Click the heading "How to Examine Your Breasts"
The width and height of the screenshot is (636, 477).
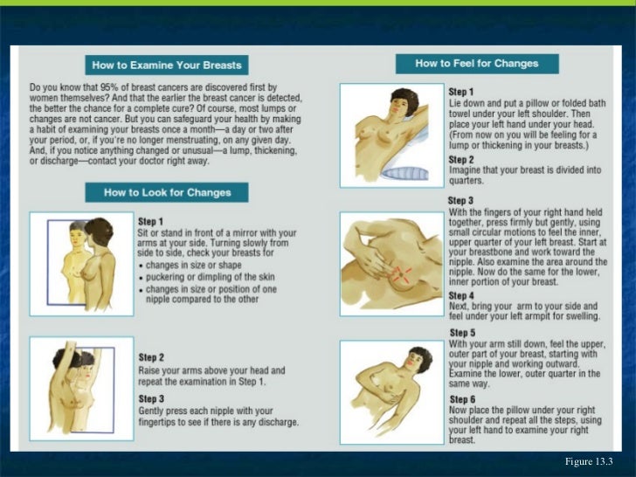[167, 66]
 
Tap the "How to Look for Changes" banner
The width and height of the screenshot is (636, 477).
[167, 192]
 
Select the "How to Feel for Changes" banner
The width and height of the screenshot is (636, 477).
[477, 64]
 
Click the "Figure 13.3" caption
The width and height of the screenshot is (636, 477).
[589, 461]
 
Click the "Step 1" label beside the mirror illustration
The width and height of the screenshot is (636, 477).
[150, 222]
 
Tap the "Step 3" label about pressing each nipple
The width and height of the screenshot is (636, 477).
[151, 398]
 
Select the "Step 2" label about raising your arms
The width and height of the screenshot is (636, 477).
[151, 357]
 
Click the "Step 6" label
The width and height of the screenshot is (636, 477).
[462, 399]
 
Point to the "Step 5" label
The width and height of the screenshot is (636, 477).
[462, 333]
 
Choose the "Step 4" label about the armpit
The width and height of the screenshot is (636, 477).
[461, 295]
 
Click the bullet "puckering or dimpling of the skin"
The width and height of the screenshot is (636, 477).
[210, 277]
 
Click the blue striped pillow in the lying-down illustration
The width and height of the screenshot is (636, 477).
[404, 173]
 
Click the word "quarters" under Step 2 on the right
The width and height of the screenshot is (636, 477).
[467, 181]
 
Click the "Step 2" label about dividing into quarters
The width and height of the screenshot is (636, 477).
[461, 160]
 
